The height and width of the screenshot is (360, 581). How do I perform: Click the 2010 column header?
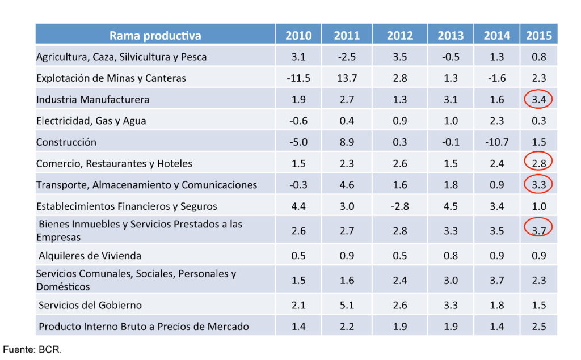(x=298, y=35)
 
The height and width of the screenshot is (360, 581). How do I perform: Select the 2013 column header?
(x=451, y=35)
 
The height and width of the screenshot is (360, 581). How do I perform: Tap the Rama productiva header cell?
(x=155, y=35)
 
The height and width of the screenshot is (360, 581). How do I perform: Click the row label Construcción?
(x=66, y=142)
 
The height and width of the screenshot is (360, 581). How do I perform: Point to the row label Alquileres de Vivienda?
(x=90, y=256)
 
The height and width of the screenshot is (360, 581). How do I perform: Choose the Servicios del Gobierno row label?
(x=90, y=305)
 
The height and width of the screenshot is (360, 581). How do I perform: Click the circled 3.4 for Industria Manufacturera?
(x=539, y=100)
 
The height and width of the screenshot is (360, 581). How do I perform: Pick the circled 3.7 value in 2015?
(x=539, y=230)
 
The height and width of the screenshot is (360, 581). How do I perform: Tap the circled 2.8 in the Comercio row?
(x=539, y=164)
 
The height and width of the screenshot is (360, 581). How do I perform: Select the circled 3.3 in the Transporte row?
(x=539, y=185)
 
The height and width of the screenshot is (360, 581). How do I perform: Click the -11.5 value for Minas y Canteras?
(x=298, y=78)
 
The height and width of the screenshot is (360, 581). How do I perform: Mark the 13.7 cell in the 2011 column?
(x=346, y=78)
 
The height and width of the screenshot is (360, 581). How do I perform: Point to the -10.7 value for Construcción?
(x=496, y=142)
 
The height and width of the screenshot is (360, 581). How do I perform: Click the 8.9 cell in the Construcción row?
(x=346, y=142)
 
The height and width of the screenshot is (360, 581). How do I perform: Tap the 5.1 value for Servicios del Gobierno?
(x=346, y=305)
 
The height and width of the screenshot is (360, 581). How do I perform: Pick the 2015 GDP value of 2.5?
(x=539, y=327)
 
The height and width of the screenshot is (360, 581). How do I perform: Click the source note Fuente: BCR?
(x=32, y=350)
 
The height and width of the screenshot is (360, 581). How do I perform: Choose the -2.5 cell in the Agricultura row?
(x=346, y=57)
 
